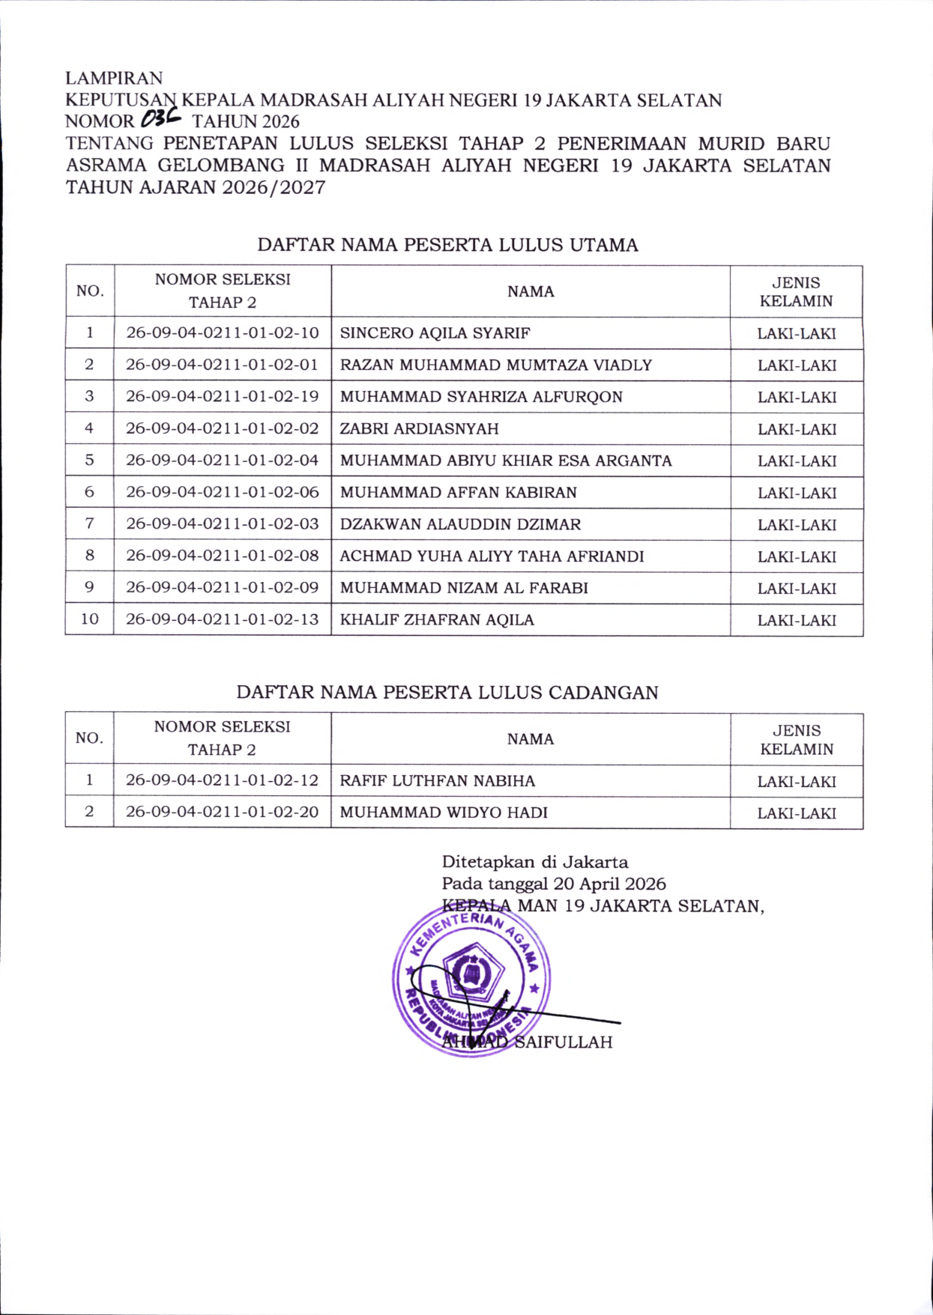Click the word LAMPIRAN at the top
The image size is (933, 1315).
point(114,78)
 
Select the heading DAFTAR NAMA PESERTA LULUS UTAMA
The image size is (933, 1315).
point(447,245)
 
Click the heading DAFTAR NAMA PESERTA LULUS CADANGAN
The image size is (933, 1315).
point(447,692)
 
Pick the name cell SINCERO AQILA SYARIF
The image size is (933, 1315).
point(435,333)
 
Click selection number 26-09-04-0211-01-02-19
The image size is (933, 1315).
point(222,397)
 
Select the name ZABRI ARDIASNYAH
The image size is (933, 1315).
point(419,429)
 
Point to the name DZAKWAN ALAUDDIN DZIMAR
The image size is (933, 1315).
point(460,524)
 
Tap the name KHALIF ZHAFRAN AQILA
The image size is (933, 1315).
point(437,620)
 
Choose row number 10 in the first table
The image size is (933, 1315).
point(89,619)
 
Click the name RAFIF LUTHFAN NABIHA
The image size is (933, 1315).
point(437,781)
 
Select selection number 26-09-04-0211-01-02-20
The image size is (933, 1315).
point(222,813)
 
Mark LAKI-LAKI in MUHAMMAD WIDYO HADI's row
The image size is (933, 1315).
point(797,813)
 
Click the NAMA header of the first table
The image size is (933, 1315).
point(531,291)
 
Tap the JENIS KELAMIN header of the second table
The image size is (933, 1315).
point(797,739)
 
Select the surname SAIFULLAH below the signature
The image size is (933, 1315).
point(563,1042)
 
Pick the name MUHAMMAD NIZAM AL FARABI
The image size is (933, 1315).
point(464,588)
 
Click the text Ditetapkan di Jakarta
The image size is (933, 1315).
point(535,862)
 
